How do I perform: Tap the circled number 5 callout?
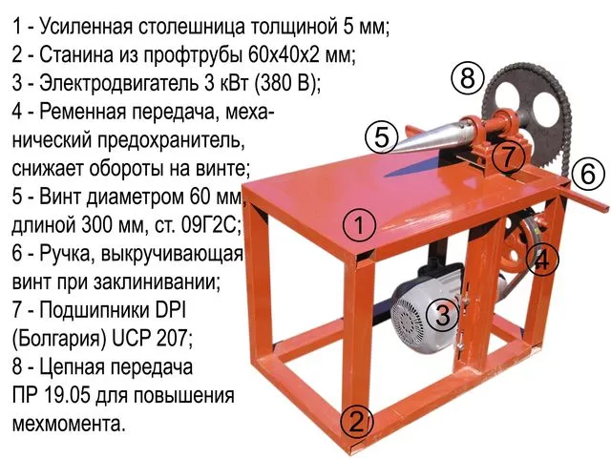382,137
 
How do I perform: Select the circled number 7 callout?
508,156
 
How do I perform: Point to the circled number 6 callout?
588,174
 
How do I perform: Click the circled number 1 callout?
359,225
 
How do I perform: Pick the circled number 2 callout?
356,422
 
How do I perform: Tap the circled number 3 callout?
443,314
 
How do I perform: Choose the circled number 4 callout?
542,260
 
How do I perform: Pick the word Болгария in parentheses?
60,340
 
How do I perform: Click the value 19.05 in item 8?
67,396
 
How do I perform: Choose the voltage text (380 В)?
287,84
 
